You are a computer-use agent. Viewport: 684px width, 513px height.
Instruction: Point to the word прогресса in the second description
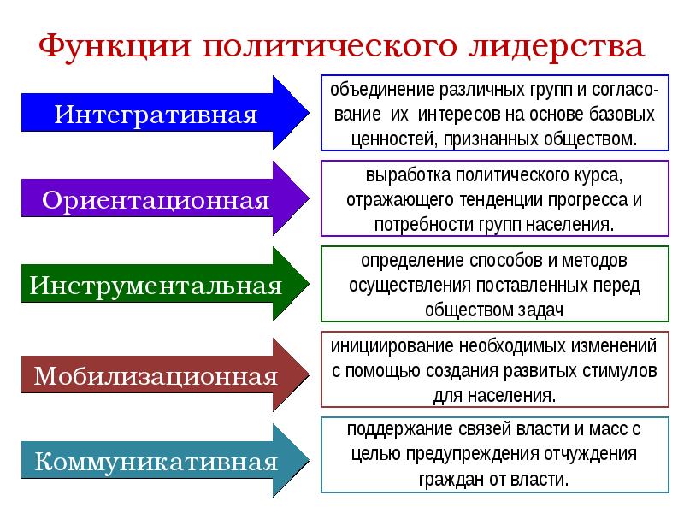coord(585,201)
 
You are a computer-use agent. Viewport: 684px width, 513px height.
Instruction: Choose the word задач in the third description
coord(539,308)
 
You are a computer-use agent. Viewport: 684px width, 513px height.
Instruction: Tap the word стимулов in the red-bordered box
coord(619,372)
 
